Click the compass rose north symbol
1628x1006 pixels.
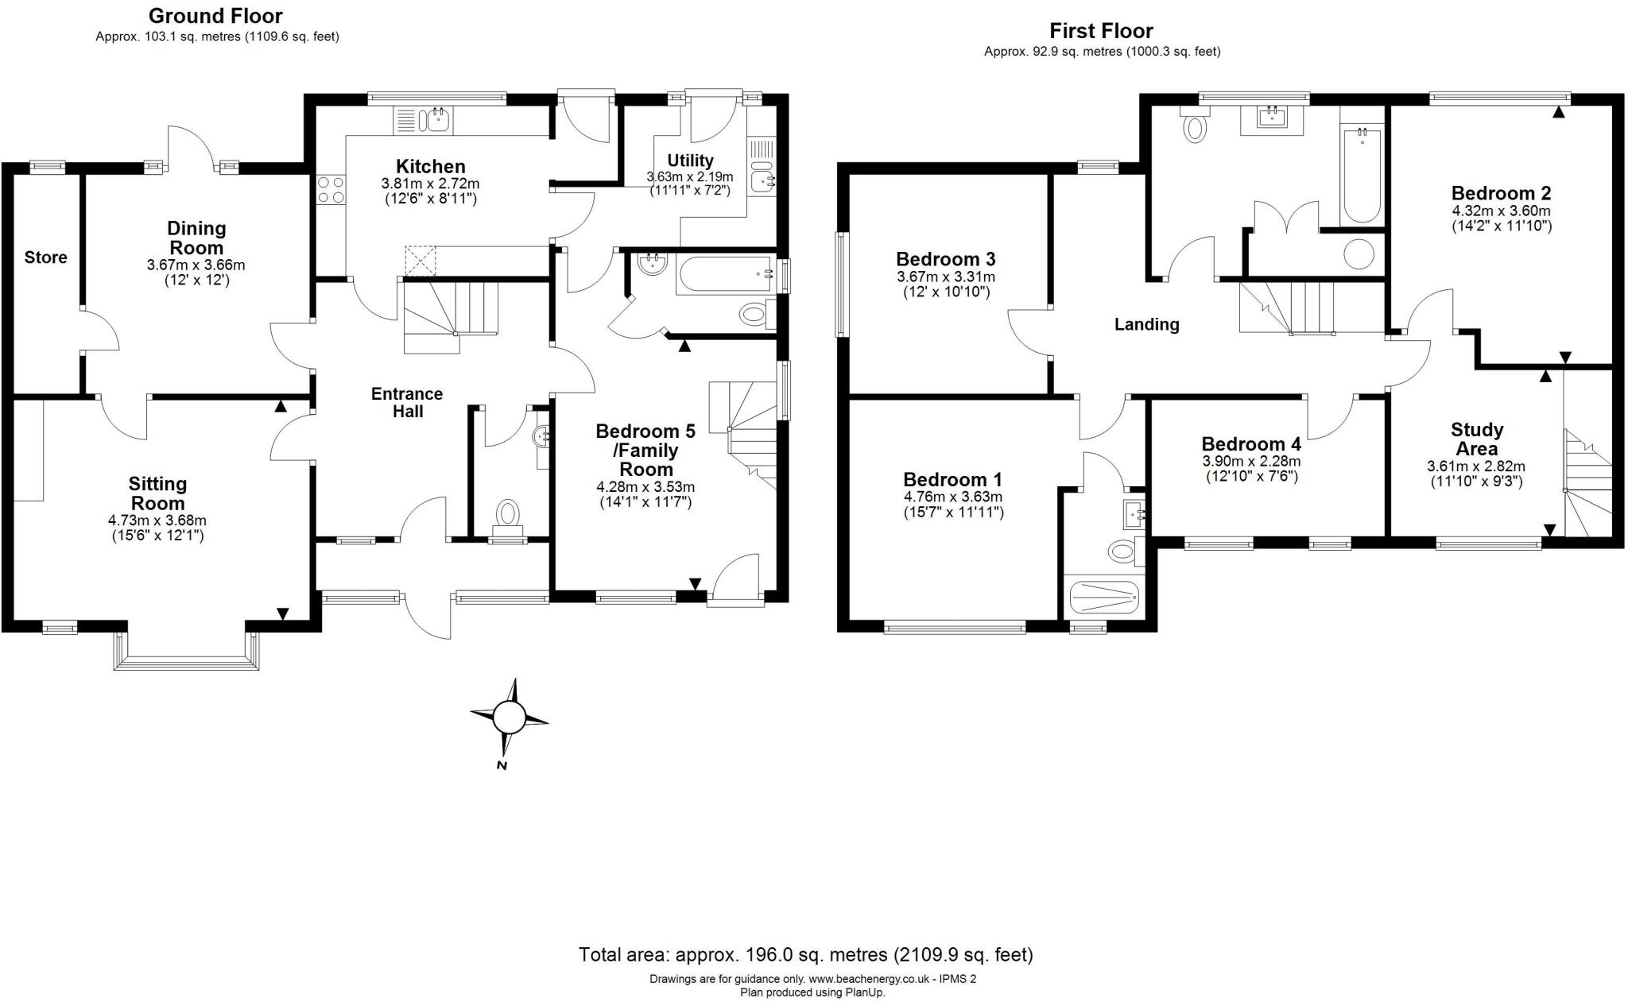pos(509,720)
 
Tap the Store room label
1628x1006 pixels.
pos(45,257)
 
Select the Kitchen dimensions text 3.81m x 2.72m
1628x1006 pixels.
pos(430,184)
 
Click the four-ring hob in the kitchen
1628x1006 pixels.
pos(331,190)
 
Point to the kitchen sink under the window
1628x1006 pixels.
pos(436,121)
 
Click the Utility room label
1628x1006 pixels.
pos(690,161)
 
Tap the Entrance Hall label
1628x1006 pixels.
pos(407,403)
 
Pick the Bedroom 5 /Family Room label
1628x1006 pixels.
pos(646,450)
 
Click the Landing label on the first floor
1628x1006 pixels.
pos(1146,324)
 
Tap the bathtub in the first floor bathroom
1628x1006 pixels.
pos(1362,175)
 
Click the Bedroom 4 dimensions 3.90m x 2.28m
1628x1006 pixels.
pos(1251,462)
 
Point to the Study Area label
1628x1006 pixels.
pos(1477,439)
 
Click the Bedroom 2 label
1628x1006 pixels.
pos(1501,193)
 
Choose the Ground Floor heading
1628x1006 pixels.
pos(215,16)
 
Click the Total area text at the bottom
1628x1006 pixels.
pos(805,954)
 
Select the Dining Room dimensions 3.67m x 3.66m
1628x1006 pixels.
pos(196,265)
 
